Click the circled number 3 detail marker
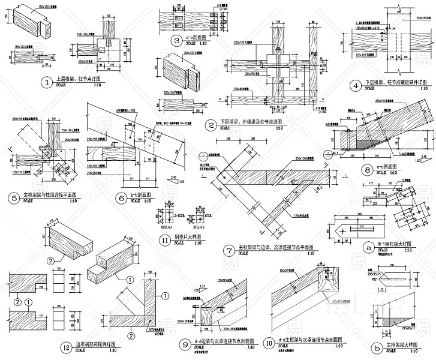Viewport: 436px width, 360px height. point(176,41)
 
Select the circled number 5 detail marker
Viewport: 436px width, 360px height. point(14,197)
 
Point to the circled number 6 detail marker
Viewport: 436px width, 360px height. point(121,197)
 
